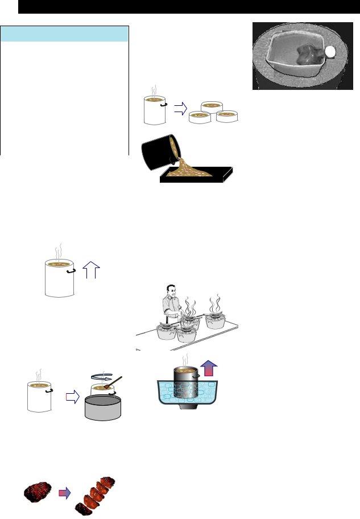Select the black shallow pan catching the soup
(197, 176)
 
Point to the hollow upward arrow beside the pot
(91, 270)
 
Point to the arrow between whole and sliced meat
(65, 492)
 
